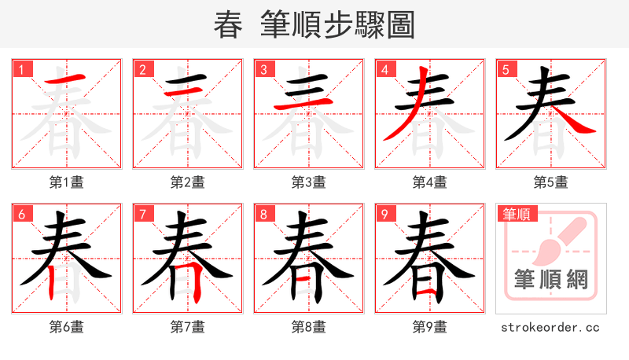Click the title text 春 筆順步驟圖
tap(314, 25)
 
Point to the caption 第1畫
tap(67, 182)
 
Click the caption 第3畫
tap(309, 182)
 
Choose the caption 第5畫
tap(551, 182)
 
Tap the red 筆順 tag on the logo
tap(516, 214)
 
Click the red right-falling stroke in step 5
tap(579, 122)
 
